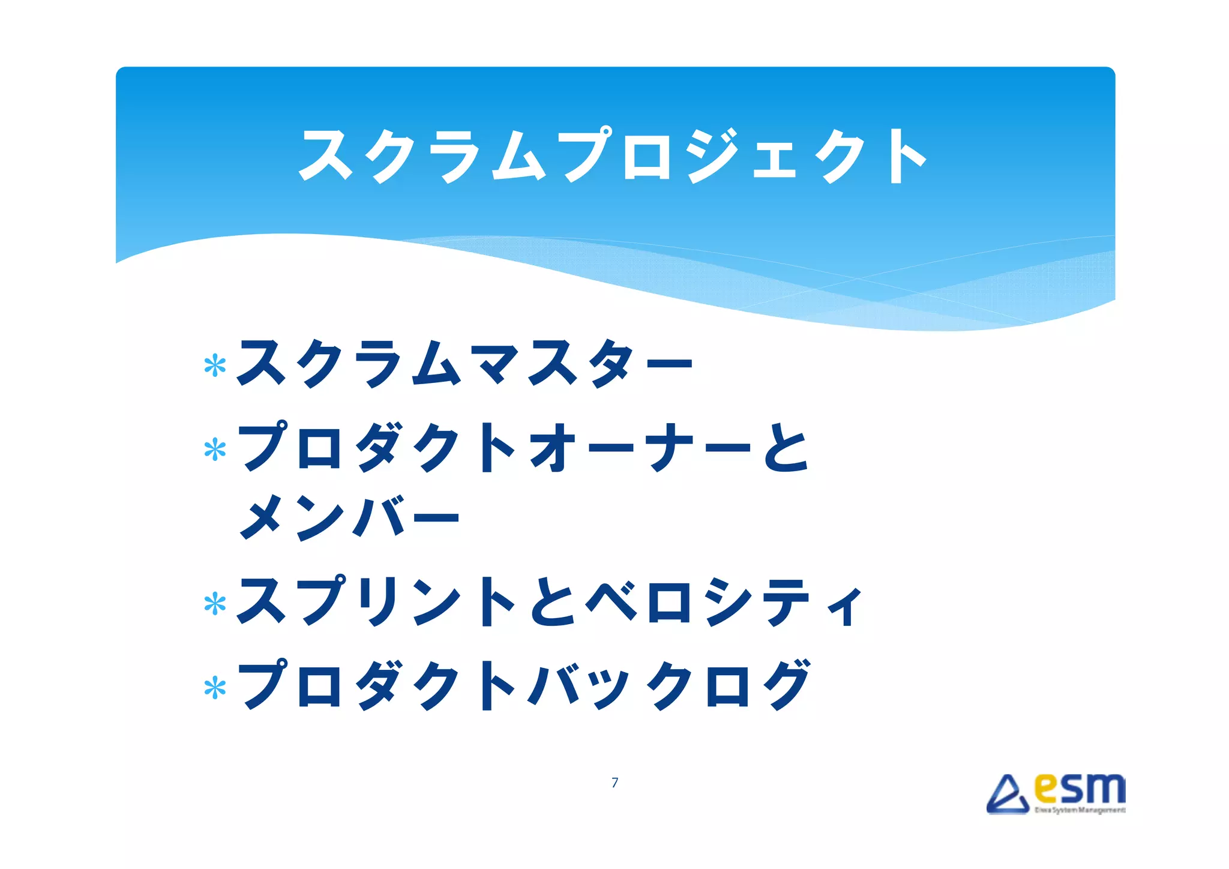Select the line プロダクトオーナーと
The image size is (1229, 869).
524,448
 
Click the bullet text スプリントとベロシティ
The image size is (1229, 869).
549,601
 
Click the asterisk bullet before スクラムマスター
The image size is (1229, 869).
215,365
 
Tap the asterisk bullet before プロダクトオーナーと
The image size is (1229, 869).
215,450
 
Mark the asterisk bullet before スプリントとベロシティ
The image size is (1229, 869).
215,604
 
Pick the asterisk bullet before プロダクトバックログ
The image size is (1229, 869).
215,688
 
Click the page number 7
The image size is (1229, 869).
614,783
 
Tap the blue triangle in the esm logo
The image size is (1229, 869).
1008,795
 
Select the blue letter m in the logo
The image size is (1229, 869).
1105,789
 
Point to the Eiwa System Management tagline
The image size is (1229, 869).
1079,810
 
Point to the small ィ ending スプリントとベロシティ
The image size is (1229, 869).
845,607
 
